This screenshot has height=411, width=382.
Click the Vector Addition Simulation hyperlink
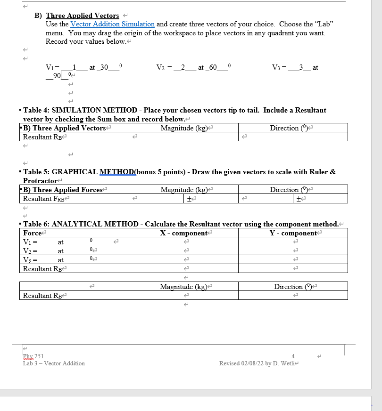(112, 24)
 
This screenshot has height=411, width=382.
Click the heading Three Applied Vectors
(82, 16)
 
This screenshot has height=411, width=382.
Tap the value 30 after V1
(102, 67)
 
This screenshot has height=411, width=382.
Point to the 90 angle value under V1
(57, 76)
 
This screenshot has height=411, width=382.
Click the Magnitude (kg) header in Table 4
(183, 128)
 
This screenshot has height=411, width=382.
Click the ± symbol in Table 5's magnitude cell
(189, 199)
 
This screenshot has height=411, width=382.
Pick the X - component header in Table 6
(183, 233)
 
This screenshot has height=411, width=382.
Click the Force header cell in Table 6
(32, 233)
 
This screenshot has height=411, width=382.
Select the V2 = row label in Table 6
(31, 251)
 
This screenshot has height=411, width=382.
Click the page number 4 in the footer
(293, 356)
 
